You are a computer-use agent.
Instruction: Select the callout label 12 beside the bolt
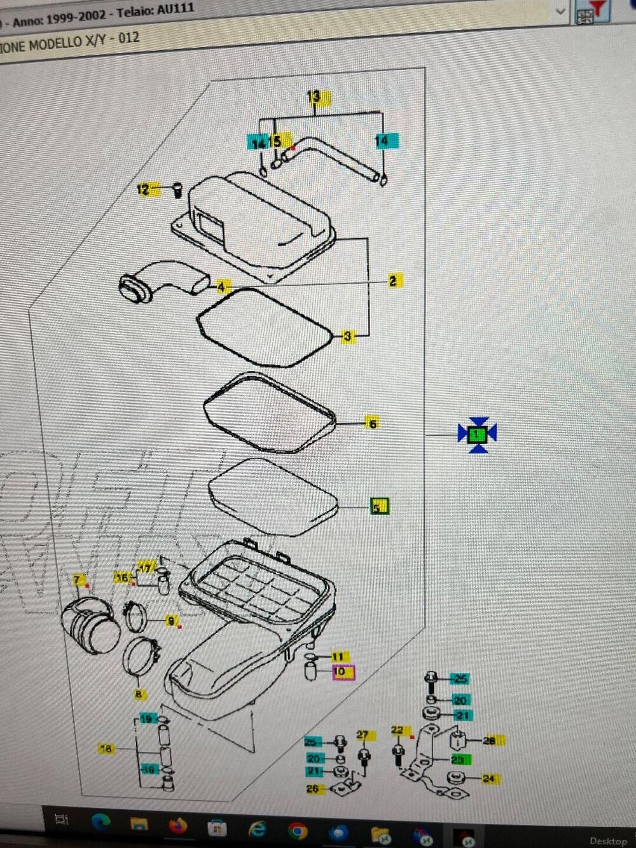(144, 189)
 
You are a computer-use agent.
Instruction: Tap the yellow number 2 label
(392, 281)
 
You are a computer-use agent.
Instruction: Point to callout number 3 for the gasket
(347, 336)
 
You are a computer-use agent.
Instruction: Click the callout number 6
(372, 423)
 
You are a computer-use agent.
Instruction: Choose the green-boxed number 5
(379, 507)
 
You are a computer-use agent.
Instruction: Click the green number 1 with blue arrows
(477, 435)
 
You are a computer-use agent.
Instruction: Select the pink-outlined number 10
(343, 672)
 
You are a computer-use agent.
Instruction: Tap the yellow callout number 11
(338, 657)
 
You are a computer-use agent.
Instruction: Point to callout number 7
(78, 580)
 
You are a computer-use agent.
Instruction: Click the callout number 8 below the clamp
(139, 694)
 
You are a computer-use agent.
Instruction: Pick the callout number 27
(363, 735)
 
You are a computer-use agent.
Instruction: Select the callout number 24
(488, 778)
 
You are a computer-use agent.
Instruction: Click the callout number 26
(313, 789)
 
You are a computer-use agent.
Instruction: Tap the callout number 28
(490, 740)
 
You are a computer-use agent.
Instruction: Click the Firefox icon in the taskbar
(177, 826)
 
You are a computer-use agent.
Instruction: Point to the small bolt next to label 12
(177, 189)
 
